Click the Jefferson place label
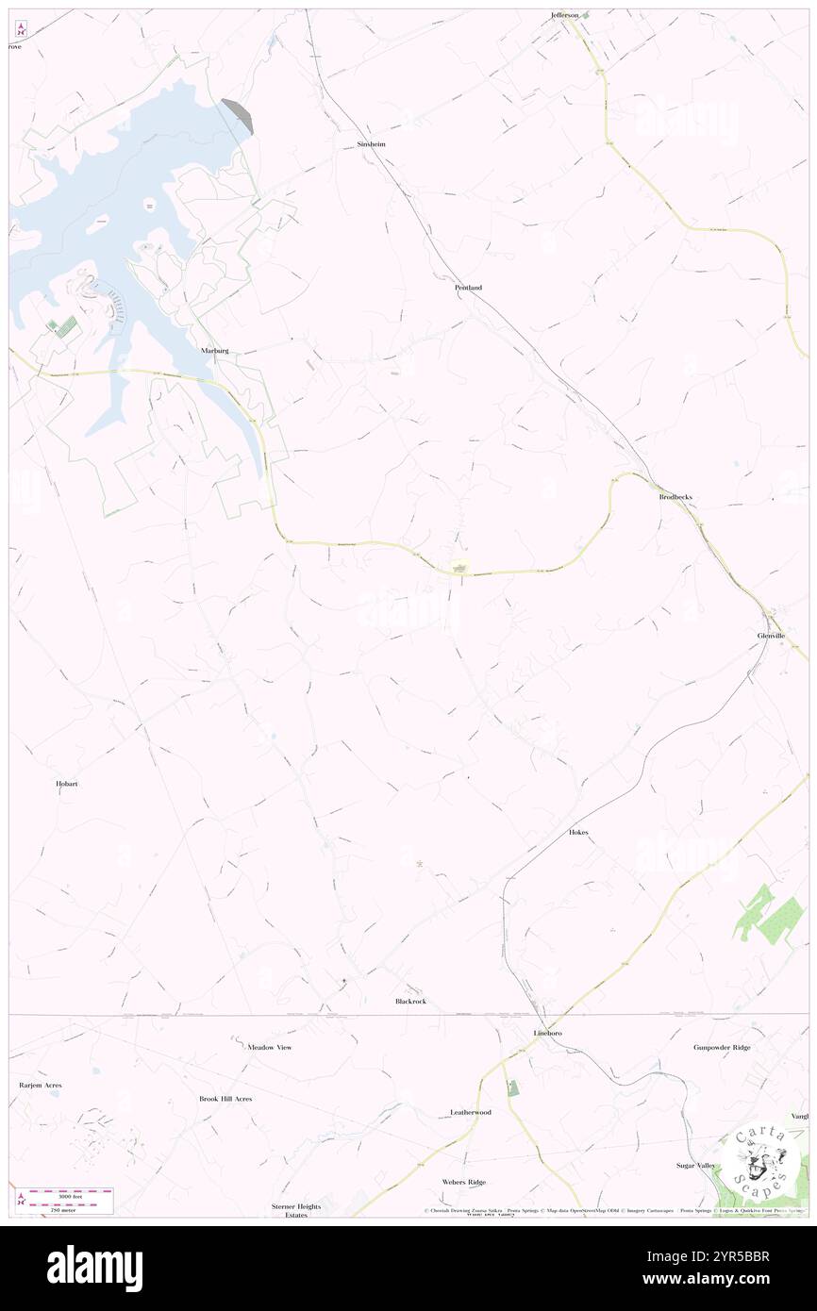[565, 15]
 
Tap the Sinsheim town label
[371, 144]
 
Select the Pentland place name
[468, 287]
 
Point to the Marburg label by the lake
[215, 350]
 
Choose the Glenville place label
[771, 636]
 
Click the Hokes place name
[578, 833]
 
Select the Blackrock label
[410, 1001]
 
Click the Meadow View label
[269, 1047]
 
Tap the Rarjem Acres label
[41, 1086]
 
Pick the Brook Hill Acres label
[225, 1099]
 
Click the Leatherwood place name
[470, 1112]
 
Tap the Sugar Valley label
[695, 1166]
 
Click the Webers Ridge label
[463, 1182]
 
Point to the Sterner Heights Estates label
[296, 1211]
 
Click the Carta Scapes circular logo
[760, 1159]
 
